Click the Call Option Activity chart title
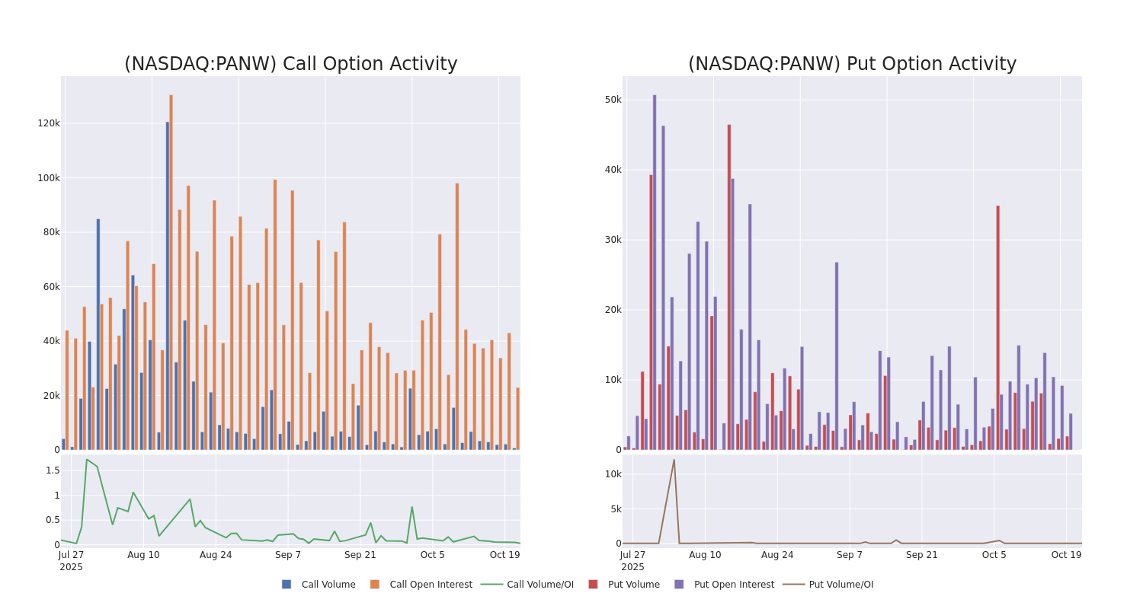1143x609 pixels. coord(290,64)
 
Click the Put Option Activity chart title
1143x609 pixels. coord(852,64)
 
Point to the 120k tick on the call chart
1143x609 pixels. coord(49,123)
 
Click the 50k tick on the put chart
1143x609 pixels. coord(613,100)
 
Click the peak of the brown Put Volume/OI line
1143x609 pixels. coord(674,460)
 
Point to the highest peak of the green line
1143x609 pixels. coord(87,460)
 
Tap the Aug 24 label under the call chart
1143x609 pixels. coord(216,555)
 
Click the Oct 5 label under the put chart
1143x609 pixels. coord(994,555)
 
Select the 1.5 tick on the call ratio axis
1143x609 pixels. coord(53,470)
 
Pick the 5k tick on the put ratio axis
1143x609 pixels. coord(613,509)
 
